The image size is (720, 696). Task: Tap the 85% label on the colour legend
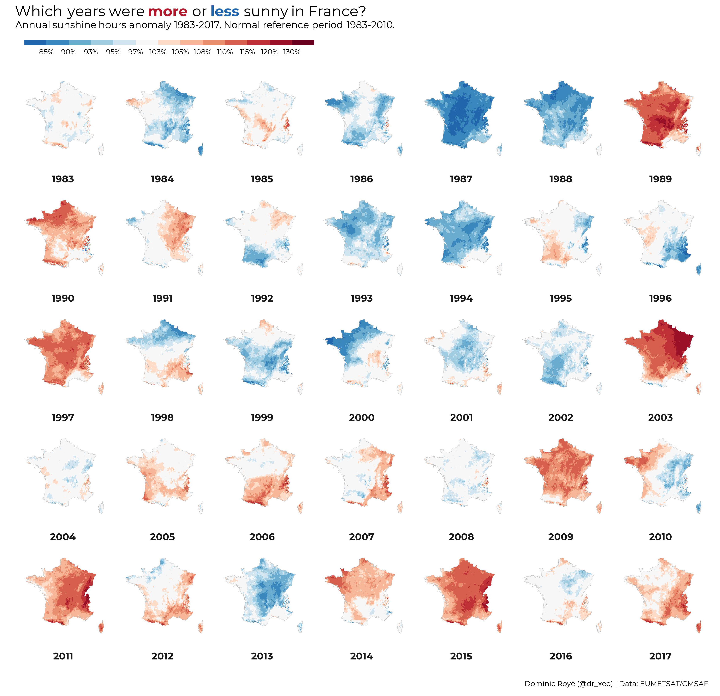pos(46,52)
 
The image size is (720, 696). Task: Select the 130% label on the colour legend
pos(292,52)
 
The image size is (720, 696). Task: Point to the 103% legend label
pos(158,52)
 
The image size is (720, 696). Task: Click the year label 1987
pos(461,179)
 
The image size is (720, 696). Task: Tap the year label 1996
pos(660,299)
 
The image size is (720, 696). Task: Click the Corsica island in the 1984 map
pos(201,150)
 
